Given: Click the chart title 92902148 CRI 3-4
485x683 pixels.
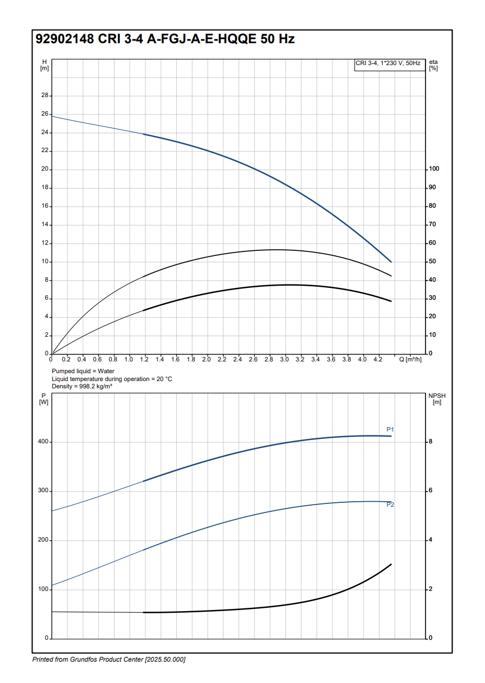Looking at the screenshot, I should coord(165,39).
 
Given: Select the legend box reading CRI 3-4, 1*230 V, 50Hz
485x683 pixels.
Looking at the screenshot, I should coord(388,63).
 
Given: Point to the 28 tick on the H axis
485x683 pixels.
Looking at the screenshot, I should coord(45,96).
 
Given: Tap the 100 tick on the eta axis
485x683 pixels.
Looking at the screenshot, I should coord(433,169).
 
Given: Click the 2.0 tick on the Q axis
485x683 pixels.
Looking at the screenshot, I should coord(207,359).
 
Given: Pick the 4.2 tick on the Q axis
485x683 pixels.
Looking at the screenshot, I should coord(378,359).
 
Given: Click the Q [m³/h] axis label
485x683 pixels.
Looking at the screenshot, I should coord(410,359).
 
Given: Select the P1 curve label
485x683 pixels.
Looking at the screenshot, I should coord(390,429).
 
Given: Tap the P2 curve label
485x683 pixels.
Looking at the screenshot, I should coord(390,505).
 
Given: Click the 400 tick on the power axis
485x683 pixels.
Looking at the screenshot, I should coord(43,442).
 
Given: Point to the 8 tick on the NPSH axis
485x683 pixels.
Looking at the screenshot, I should coord(431,442).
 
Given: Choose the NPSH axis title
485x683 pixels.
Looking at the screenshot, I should coord(436,398).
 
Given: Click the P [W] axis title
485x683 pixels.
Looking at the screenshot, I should coord(44,398).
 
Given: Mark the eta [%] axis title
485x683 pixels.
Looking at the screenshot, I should coord(433,65).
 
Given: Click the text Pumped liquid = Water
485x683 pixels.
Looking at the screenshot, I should coord(83,371).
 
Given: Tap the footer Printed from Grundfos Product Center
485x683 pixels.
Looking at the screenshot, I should coord(109,659).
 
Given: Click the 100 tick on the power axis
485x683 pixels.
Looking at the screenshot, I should coord(43,589).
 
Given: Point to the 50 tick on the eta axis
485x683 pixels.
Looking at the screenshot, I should coord(432,262).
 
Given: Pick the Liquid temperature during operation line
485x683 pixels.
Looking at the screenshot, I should coord(112,379).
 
